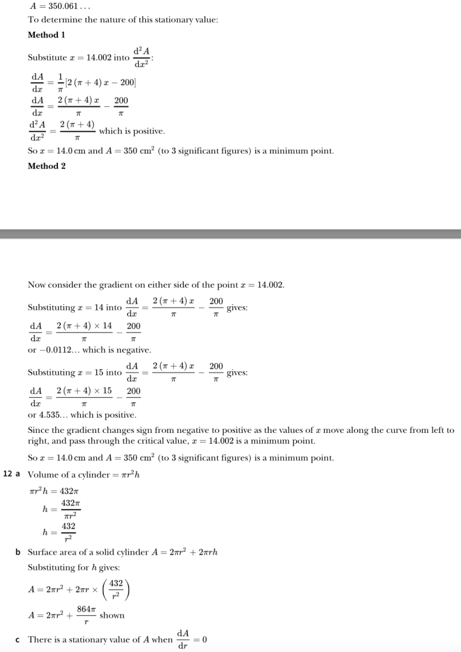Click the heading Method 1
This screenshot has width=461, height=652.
point(46,35)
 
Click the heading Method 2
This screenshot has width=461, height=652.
point(46,166)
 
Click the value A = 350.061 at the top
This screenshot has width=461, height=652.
point(53,6)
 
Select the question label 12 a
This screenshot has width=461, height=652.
point(13,474)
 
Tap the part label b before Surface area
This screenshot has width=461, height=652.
point(18,551)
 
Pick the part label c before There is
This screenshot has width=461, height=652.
point(18,639)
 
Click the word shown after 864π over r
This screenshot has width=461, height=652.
point(112,616)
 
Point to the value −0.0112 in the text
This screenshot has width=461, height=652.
point(59,350)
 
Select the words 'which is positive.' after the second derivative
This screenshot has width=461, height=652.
point(132,131)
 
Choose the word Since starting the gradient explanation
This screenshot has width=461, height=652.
point(39,430)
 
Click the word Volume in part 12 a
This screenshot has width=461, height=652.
point(43,475)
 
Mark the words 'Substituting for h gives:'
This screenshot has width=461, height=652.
point(74,567)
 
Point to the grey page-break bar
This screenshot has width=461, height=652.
point(230,234)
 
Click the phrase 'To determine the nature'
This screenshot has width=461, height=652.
point(76,20)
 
